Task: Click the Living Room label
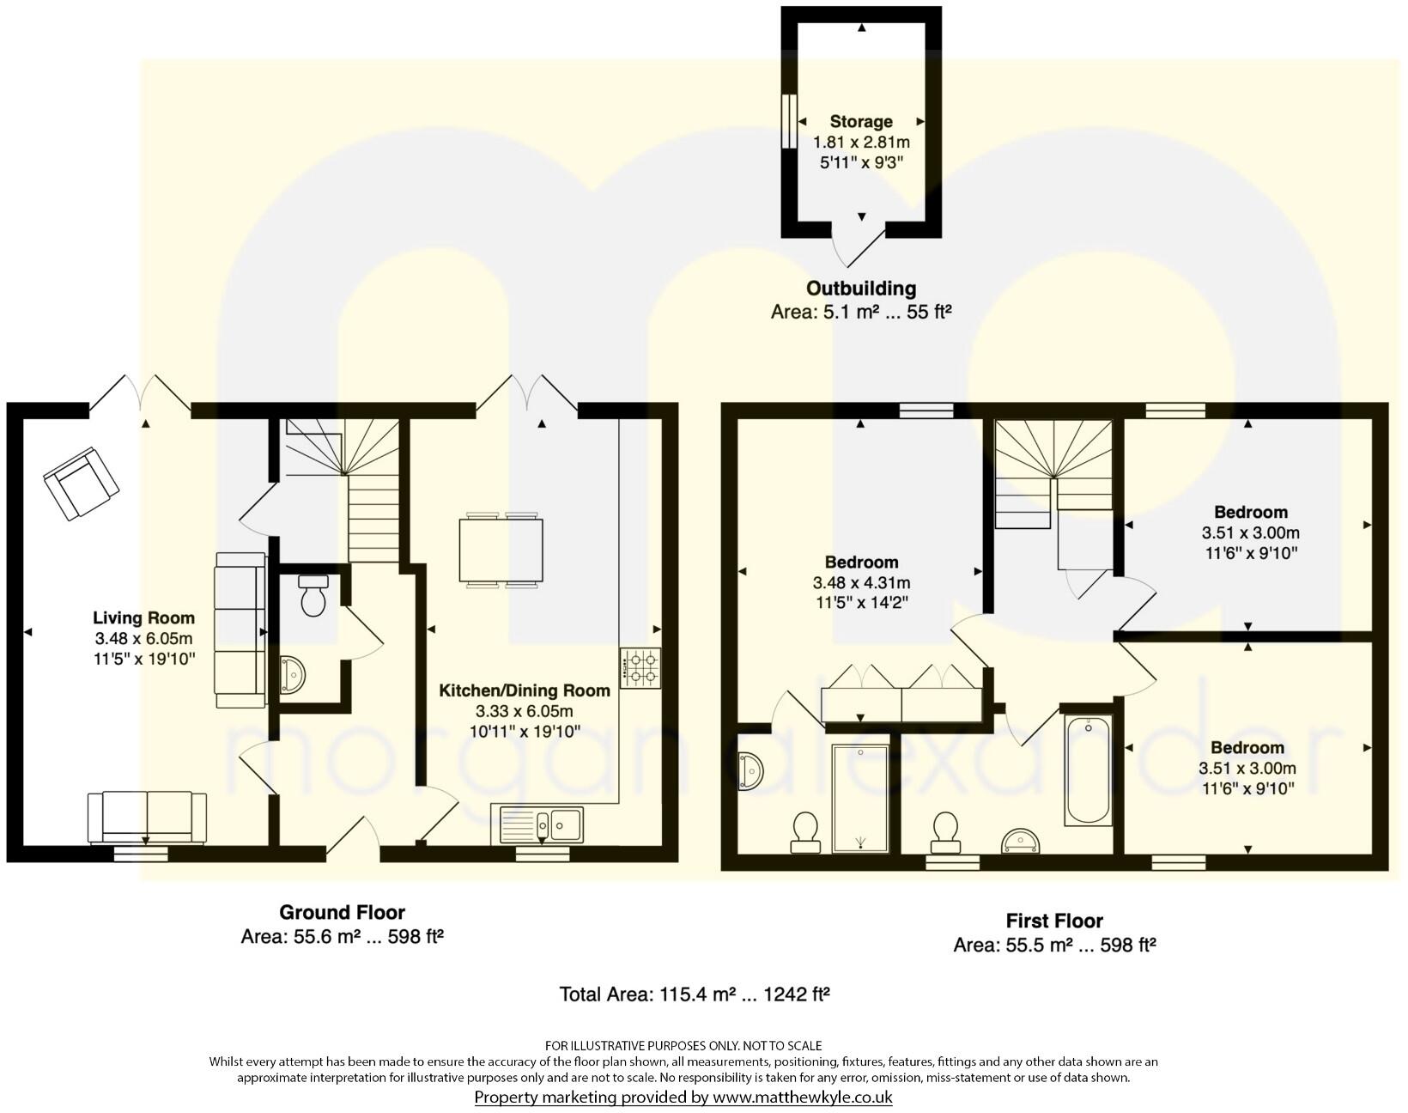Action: click(143, 617)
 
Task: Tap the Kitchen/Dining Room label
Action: click(525, 690)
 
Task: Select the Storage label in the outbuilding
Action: click(861, 121)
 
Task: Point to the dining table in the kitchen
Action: click(501, 550)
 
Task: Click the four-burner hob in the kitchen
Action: click(640, 668)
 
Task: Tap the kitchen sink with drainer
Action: click(537, 825)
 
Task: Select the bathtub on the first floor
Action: click(1088, 770)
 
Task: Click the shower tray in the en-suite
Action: click(861, 798)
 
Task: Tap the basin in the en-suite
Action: click(750, 770)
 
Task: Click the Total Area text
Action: click(694, 994)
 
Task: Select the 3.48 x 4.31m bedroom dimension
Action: click(861, 582)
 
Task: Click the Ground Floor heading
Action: click(342, 912)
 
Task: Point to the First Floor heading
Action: click(1054, 921)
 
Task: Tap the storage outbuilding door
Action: click(861, 245)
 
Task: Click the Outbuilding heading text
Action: click(861, 289)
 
